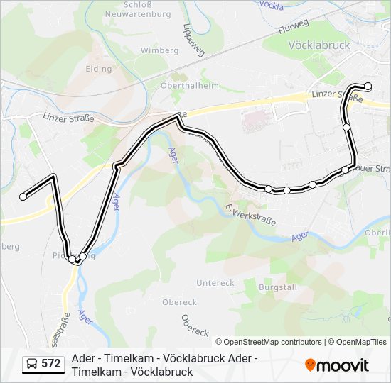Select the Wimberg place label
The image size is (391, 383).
(159, 51)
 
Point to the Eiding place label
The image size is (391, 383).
(99, 70)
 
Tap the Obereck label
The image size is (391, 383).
(195, 326)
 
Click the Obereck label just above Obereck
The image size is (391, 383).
(179, 302)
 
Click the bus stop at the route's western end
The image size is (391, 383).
(23, 196)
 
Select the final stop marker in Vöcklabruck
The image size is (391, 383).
(368, 87)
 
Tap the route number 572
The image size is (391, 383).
(51, 364)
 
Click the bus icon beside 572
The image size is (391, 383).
(32, 365)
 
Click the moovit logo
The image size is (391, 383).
(337, 365)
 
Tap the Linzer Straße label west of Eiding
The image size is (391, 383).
(68, 118)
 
